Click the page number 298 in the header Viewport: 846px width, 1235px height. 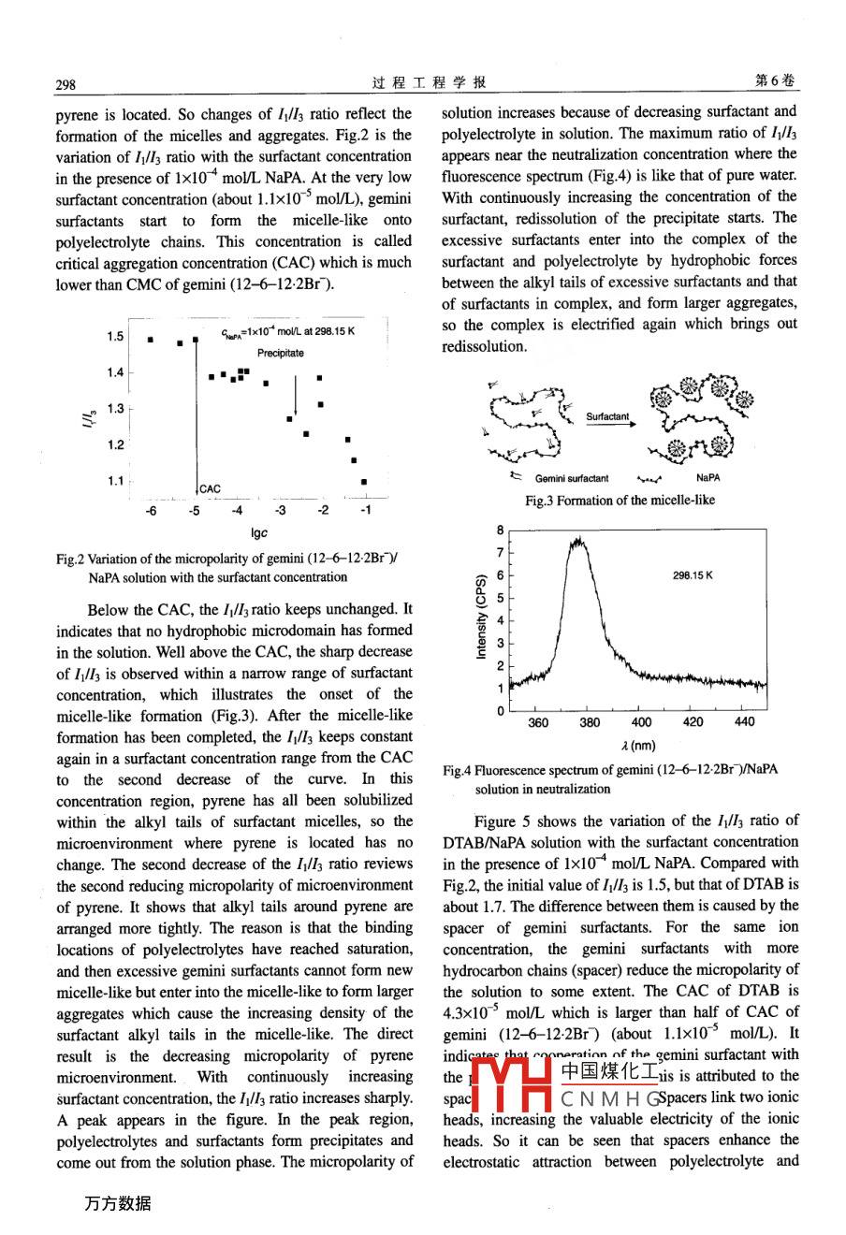pos(66,84)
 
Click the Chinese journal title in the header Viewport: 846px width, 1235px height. pos(428,82)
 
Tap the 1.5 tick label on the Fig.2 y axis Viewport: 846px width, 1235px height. pos(115,337)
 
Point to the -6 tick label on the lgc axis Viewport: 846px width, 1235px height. pos(151,511)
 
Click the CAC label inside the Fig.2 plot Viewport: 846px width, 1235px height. pos(211,488)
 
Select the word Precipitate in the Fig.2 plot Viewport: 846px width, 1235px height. pos(281,353)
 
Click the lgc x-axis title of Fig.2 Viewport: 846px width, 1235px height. pos(259,533)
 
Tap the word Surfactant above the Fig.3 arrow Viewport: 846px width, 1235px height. pos(607,416)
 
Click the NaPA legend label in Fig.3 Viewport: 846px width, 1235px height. pos(708,478)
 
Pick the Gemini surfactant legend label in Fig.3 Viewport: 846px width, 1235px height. pos(572,478)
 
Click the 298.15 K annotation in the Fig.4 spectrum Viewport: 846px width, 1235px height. pos(693,575)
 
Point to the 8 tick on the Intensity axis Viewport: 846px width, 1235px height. pos(502,530)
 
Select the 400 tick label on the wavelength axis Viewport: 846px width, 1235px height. pos(642,722)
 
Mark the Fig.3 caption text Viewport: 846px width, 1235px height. pos(620,501)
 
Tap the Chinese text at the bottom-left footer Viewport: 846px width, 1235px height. pos(117,1203)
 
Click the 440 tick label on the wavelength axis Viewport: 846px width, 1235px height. pos(744,722)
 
